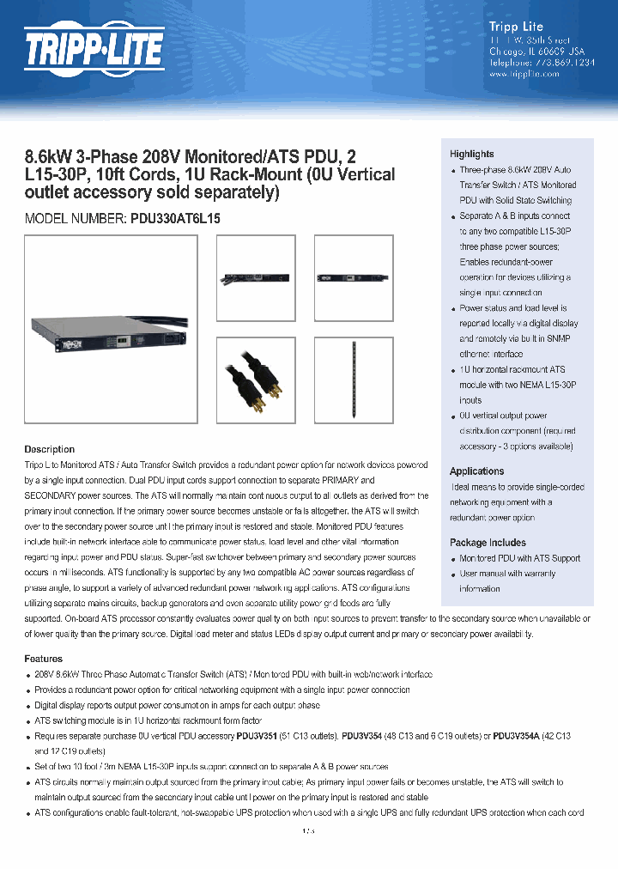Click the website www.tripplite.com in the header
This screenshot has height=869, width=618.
pos(524,75)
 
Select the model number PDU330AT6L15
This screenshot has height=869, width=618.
pos(175,219)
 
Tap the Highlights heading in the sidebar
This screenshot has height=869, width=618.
pos(471,154)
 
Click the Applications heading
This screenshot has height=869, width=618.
pos(476,471)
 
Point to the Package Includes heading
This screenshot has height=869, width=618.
pos(488,543)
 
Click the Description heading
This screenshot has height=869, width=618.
pos(49,449)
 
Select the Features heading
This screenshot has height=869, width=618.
pos(43,659)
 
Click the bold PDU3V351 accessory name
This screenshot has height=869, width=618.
pos(257,737)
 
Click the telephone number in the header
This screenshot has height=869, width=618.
pos(524,63)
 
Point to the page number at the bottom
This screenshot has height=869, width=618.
pos(308,832)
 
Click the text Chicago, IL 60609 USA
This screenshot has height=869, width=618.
pos(524,51)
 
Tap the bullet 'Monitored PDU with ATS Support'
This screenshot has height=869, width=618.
pos(519,558)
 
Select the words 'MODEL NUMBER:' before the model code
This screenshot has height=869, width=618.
pos(75,219)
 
